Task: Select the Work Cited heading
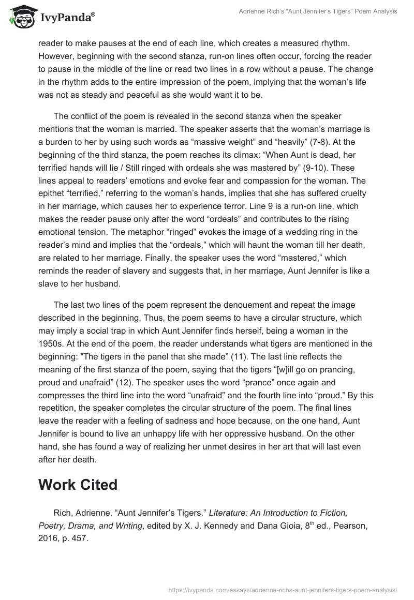coord(78,485)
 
